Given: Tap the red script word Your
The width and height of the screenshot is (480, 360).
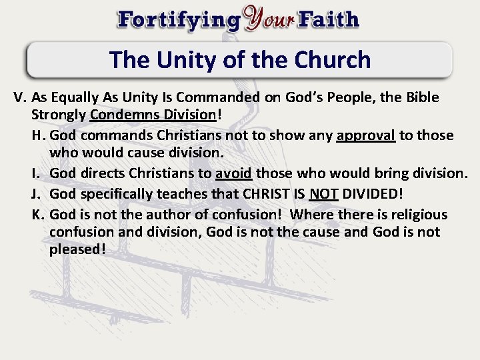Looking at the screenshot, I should pos(268,19).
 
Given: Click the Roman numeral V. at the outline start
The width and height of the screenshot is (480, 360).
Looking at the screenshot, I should pos(21,97).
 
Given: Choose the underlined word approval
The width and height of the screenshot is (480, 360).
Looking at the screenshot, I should pos(366,136).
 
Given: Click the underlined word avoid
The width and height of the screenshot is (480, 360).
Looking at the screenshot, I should pos(233,174).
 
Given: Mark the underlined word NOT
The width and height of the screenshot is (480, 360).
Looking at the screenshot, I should pos(324,194).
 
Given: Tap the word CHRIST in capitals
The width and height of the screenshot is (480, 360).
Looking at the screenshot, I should pos(265,194).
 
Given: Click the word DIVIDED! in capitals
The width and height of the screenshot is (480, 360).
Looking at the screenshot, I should pos(373,194).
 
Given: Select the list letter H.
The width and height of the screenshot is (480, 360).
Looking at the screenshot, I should pos(38,136).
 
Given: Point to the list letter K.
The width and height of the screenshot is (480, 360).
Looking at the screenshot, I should pos(38,215).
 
